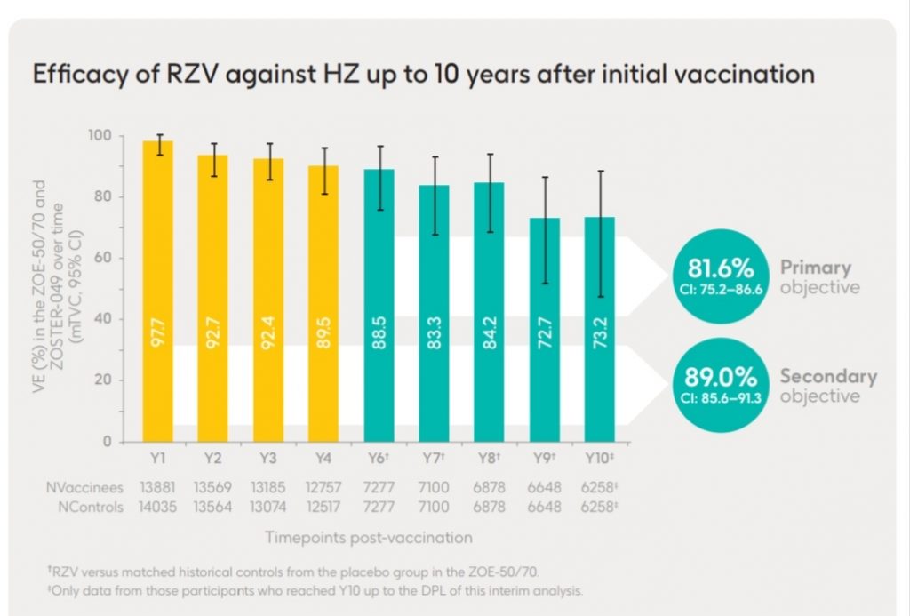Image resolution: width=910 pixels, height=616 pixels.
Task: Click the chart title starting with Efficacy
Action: pos(423,74)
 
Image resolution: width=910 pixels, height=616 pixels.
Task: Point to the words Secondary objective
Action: pos(827,385)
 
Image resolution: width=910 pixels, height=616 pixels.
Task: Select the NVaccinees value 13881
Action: pos(158,487)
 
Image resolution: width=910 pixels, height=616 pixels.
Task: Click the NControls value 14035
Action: pos(158,506)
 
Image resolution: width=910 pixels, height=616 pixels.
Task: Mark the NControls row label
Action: pos(84,506)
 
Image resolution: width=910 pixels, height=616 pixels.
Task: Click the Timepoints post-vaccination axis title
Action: pos(368,538)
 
